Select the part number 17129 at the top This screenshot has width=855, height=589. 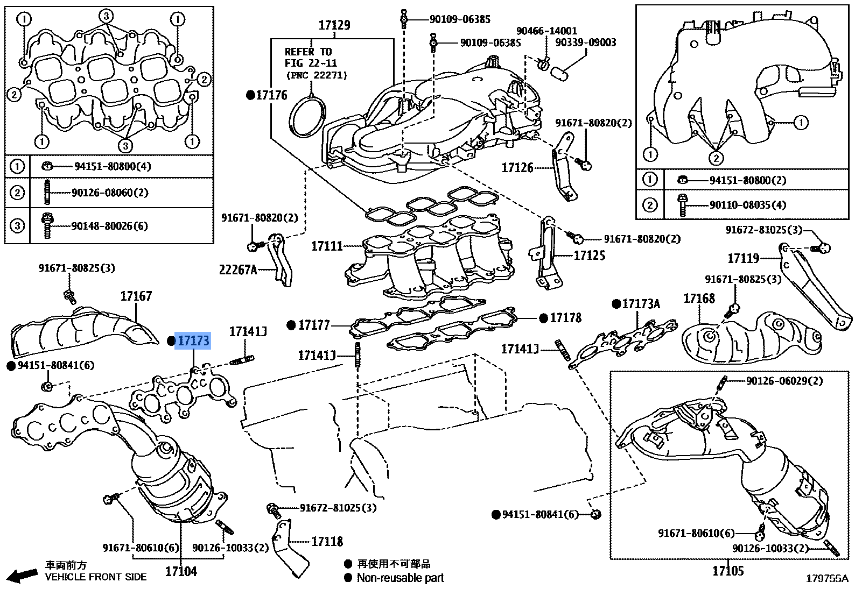click(334, 25)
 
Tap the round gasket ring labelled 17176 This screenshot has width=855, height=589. click(307, 115)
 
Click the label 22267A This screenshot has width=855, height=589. click(237, 269)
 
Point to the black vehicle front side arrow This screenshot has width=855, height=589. click(23, 576)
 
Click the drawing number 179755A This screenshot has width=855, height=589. click(826, 579)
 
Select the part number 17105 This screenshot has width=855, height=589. click(728, 571)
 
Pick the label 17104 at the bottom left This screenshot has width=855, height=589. click(181, 571)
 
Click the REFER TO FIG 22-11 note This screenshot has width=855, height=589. click(309, 58)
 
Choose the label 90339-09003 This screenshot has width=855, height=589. click(585, 42)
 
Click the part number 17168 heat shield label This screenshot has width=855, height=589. click(699, 298)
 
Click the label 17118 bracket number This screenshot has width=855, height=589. click(327, 542)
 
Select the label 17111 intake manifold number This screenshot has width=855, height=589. click(327, 246)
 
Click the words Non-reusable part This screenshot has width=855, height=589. click(401, 578)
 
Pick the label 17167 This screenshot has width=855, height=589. click(136, 296)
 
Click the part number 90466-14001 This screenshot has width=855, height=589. click(546, 31)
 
